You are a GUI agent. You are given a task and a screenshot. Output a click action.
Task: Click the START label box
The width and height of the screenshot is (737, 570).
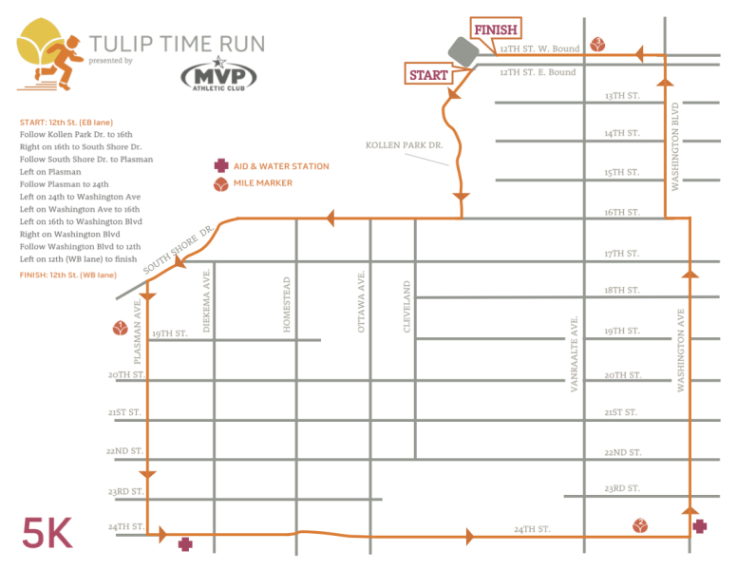pos(428,74)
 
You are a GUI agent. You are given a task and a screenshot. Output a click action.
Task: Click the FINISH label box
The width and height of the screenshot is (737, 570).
pos(495,30)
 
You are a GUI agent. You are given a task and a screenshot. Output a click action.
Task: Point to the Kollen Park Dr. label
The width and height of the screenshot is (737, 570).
pos(404,145)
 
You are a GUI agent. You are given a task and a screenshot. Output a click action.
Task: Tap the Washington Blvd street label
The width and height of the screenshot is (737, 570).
pos(675,146)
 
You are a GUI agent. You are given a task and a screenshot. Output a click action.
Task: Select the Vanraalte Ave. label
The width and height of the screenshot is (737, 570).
pos(574,354)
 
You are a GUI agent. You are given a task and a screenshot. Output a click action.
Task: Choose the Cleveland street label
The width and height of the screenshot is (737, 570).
pos(406,306)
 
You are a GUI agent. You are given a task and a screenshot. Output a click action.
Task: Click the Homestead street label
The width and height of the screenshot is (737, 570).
pos(286,304)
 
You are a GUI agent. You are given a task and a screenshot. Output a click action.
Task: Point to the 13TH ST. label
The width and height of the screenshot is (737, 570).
pos(622,96)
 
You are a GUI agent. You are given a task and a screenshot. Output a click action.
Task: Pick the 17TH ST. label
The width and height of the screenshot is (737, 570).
pos(622,254)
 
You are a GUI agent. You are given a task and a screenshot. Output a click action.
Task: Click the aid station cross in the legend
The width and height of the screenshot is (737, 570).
pos(221,165)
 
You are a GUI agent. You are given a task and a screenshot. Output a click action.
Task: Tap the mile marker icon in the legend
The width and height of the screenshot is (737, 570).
pos(221,183)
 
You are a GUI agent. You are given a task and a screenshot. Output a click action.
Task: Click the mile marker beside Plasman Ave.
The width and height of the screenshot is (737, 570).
pos(120,330)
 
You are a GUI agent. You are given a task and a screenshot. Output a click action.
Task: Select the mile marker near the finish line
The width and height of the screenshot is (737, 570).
pos(597,43)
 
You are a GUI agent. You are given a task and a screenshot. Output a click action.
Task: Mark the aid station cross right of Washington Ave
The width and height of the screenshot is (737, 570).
pos(700,525)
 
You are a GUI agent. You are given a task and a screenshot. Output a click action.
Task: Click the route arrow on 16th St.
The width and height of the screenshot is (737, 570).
pos(331,219)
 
